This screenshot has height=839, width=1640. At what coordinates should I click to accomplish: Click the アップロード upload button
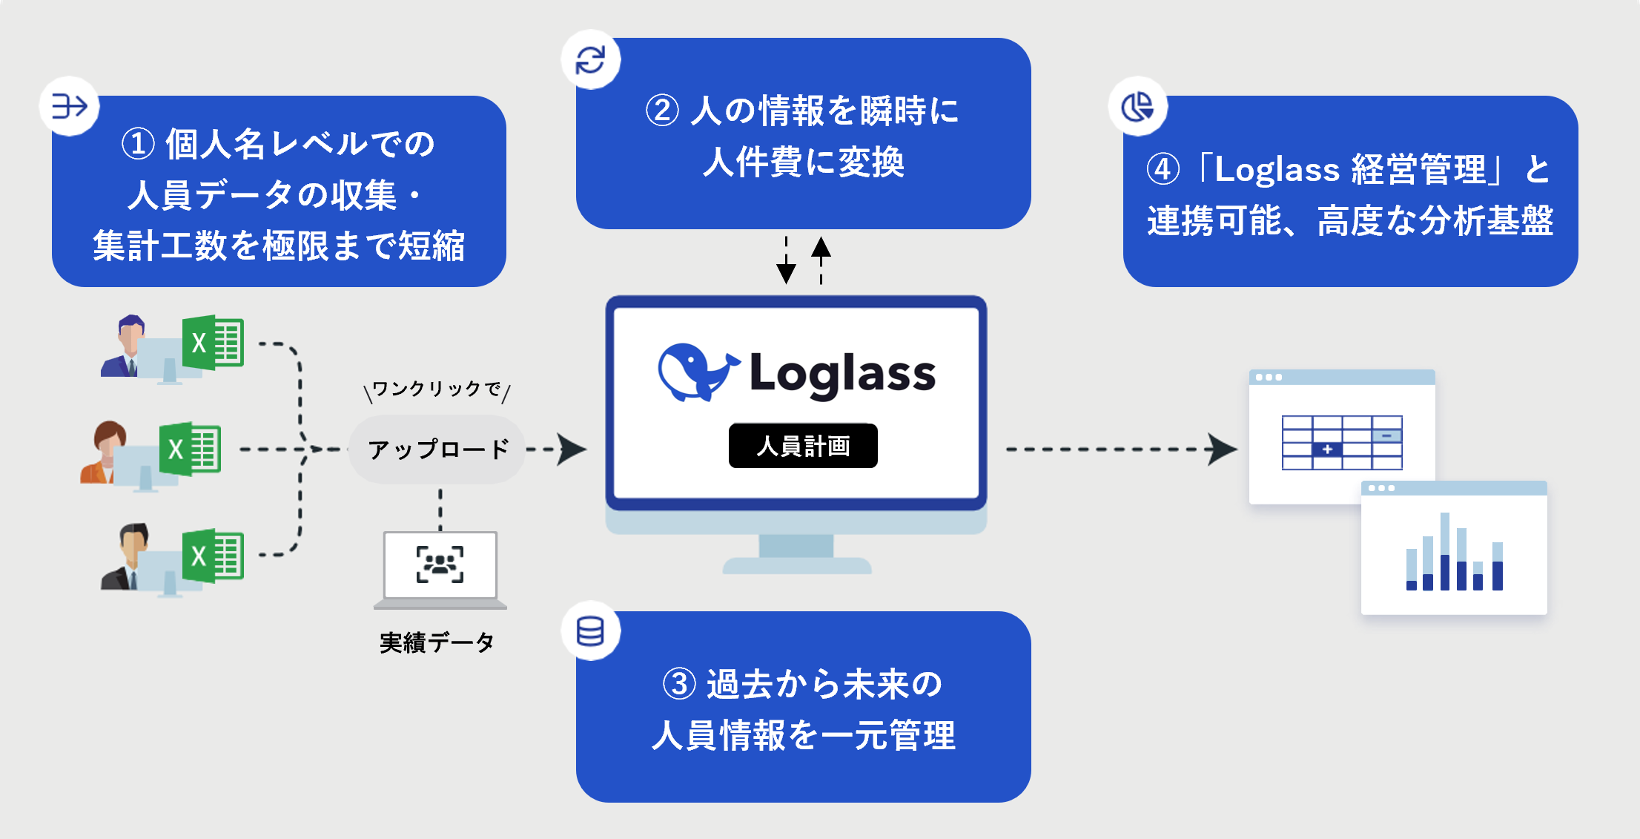pyautogui.click(x=437, y=450)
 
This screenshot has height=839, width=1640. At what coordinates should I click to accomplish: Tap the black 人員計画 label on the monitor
pyautogui.click(x=803, y=446)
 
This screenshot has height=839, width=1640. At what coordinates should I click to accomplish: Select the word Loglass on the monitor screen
pyautogui.click(x=843, y=374)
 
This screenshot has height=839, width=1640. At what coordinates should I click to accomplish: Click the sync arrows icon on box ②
pyautogui.click(x=591, y=60)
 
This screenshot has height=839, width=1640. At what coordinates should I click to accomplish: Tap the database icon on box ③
pyautogui.click(x=590, y=632)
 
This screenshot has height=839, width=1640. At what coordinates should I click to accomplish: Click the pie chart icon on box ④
pyautogui.click(x=1137, y=107)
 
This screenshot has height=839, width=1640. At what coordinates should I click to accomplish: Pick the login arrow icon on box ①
pyautogui.click(x=69, y=107)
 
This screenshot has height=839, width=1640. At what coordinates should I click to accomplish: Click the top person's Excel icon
pyautogui.click(x=214, y=343)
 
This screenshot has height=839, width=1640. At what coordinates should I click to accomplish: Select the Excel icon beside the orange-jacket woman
pyautogui.click(x=191, y=449)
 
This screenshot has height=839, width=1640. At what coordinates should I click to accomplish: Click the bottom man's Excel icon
pyautogui.click(x=214, y=556)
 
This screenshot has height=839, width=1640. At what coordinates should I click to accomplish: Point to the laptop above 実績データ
pyautogui.click(x=440, y=568)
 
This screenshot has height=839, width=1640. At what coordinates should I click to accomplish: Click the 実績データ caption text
pyautogui.click(x=437, y=642)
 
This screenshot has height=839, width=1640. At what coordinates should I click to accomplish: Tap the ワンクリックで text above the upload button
pyautogui.click(x=437, y=389)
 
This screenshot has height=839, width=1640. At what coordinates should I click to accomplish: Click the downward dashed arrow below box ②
pyautogui.click(x=786, y=263)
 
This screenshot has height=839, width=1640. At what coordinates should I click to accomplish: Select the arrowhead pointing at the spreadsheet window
pyautogui.click(x=1221, y=450)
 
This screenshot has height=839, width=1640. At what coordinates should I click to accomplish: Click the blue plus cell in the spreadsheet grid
pyautogui.click(x=1327, y=450)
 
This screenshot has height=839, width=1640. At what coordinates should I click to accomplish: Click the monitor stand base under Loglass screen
pyautogui.click(x=797, y=566)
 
